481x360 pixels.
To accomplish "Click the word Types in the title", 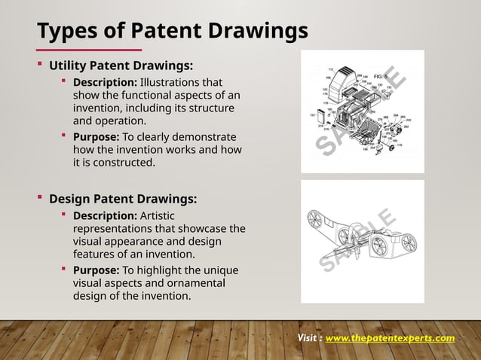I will [66, 31].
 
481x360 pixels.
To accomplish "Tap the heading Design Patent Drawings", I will [123, 200].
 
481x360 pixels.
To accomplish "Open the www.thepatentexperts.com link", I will [390, 338].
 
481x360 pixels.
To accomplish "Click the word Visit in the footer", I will [308, 338].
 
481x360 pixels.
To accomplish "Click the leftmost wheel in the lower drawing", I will [315, 221].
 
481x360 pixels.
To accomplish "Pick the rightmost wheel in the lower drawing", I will [408, 243].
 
